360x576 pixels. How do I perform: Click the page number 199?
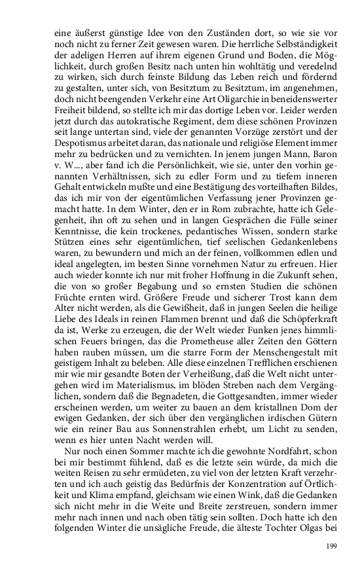coord(332,546)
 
